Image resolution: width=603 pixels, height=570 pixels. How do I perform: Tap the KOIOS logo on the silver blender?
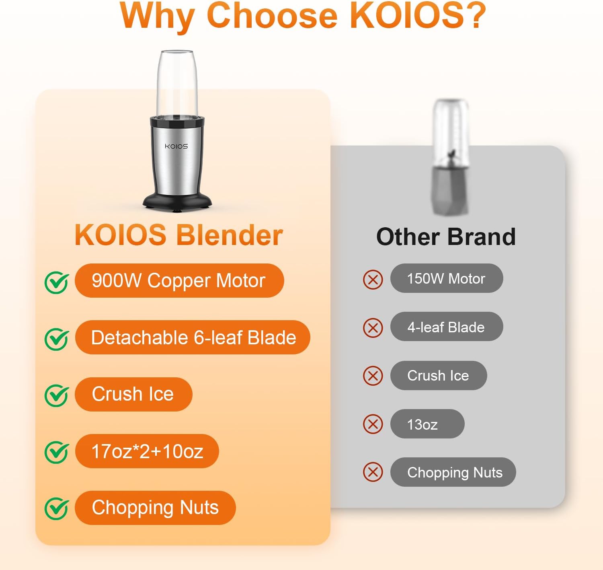click(176, 146)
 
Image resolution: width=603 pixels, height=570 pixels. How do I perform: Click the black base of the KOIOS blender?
click(177, 202)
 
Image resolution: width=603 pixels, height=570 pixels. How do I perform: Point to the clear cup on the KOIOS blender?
click(177, 83)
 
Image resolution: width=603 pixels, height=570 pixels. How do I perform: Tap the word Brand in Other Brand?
click(482, 237)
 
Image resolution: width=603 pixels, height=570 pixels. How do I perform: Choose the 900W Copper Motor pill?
click(179, 280)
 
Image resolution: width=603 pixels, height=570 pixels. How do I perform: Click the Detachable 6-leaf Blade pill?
click(193, 337)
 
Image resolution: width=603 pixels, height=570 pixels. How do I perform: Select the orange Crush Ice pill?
click(133, 394)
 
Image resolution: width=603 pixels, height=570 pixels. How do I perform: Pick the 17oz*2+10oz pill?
click(147, 451)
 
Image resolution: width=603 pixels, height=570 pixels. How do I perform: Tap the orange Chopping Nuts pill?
click(156, 508)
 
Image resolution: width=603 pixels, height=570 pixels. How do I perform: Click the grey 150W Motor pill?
click(447, 278)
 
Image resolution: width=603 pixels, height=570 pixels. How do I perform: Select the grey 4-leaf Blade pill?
click(447, 327)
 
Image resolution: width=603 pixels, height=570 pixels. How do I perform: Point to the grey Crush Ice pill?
click(439, 376)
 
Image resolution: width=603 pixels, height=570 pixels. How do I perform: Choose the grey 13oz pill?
click(427, 424)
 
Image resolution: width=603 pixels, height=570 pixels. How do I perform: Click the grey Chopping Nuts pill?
click(453, 472)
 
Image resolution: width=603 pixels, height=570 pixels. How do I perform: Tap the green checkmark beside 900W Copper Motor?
click(56, 282)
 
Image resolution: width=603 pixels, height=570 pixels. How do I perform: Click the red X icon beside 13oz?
click(373, 424)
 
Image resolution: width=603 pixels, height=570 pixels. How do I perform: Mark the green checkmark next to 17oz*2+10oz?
click(56, 452)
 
